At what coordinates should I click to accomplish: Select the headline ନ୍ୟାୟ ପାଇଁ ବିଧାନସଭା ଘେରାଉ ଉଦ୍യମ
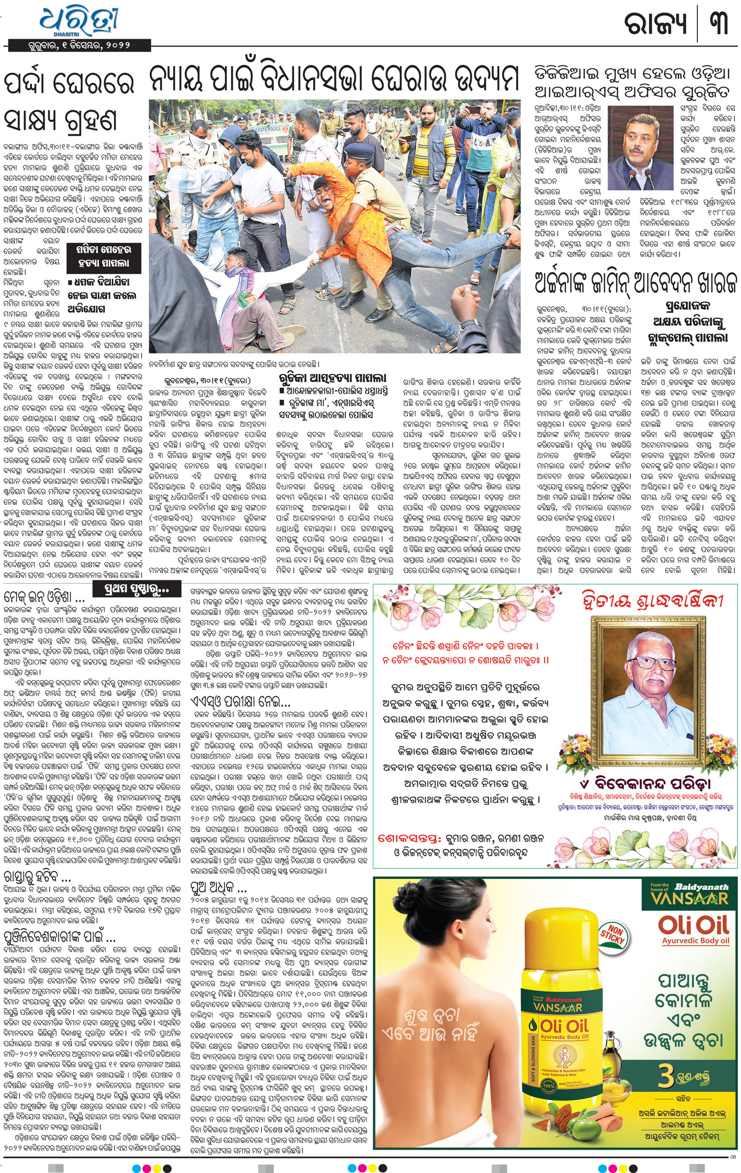coord(334,80)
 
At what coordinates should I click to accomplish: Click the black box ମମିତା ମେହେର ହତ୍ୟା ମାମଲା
coord(102,256)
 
